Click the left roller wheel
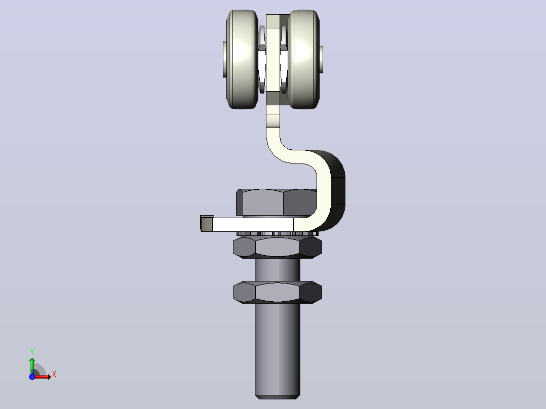(x=242, y=60)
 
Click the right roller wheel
(x=304, y=60)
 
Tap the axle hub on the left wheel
(x=224, y=60)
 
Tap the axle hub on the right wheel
(x=321, y=60)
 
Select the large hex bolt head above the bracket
(x=277, y=202)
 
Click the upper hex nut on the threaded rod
(x=278, y=247)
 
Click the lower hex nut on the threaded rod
(x=278, y=292)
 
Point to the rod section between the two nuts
(x=278, y=270)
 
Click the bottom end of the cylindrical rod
(x=278, y=396)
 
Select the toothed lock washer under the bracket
(x=277, y=233)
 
